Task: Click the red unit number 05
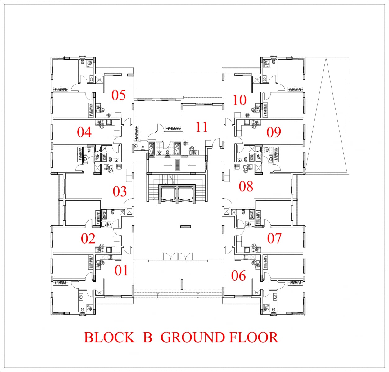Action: click(x=119, y=95)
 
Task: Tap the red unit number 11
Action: click(x=202, y=127)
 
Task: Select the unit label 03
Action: click(x=120, y=191)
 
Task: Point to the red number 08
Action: click(x=246, y=186)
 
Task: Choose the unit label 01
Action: click(x=121, y=271)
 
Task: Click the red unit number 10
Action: click(x=239, y=100)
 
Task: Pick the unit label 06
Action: click(x=238, y=276)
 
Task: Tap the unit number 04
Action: click(x=84, y=132)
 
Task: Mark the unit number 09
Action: click(x=274, y=132)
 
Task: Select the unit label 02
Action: click(x=88, y=238)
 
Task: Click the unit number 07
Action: click(x=274, y=238)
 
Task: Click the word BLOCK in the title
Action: click(x=109, y=337)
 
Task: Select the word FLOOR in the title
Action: click(x=254, y=337)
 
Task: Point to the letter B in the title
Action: click(x=147, y=337)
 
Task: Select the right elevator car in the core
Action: click(x=186, y=193)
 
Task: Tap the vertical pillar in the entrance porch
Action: click(x=182, y=284)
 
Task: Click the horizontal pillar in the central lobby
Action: click(x=186, y=227)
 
